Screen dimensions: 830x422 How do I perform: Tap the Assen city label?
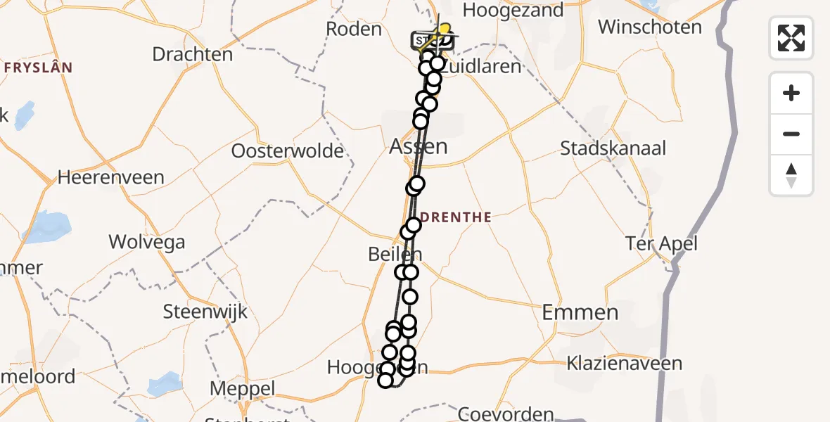pos(419,147)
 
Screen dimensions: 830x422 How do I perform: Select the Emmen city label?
pos(580,312)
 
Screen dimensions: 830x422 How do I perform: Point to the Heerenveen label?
pos(110,177)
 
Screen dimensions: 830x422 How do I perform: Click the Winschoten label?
pos(650,27)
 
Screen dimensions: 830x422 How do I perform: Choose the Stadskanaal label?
pos(613,148)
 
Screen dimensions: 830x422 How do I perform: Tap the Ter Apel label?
pos(661,243)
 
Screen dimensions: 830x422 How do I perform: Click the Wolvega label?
pos(147,243)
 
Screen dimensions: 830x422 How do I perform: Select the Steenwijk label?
pos(205,312)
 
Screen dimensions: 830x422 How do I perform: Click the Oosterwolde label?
pos(288,151)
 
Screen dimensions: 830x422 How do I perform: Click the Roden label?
pos(354,29)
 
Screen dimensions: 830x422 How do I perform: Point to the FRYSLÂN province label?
pos(38,68)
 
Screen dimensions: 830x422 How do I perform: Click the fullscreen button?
pos(791,38)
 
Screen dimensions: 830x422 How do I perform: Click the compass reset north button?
pos(791,175)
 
